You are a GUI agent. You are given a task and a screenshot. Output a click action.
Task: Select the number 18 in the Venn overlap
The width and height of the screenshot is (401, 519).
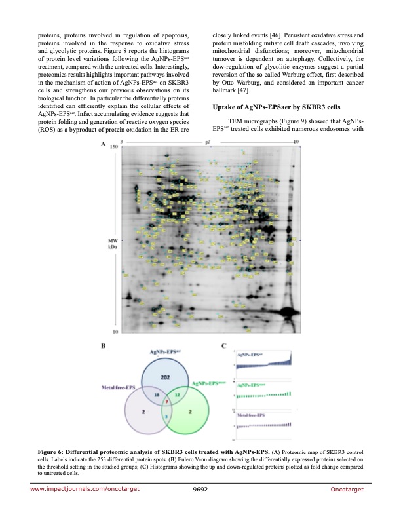click(156, 396)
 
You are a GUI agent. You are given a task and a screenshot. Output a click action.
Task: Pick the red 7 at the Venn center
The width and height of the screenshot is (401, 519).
click(166, 401)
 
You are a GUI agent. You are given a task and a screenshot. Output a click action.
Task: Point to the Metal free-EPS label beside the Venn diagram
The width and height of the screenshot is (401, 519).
click(117, 388)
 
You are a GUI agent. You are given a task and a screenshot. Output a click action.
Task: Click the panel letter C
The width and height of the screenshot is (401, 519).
click(224, 345)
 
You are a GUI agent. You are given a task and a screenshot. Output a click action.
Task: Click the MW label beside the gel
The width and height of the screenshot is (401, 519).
click(113, 240)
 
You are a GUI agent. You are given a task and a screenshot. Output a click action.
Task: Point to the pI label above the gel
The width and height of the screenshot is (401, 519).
click(208, 142)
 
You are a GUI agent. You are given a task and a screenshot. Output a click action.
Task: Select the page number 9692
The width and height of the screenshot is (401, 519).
click(200, 506)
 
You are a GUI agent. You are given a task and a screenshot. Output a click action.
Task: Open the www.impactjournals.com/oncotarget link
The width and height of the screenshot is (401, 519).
click(85, 506)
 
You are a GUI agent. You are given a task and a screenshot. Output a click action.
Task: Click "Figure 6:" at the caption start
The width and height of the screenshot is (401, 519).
click(47, 452)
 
